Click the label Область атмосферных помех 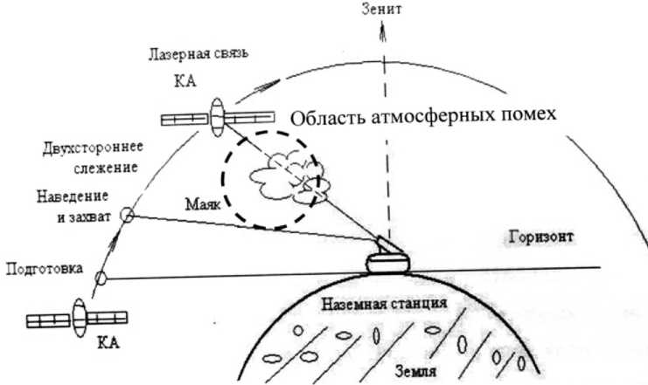coord(423,117)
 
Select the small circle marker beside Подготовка coord(100,278)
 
